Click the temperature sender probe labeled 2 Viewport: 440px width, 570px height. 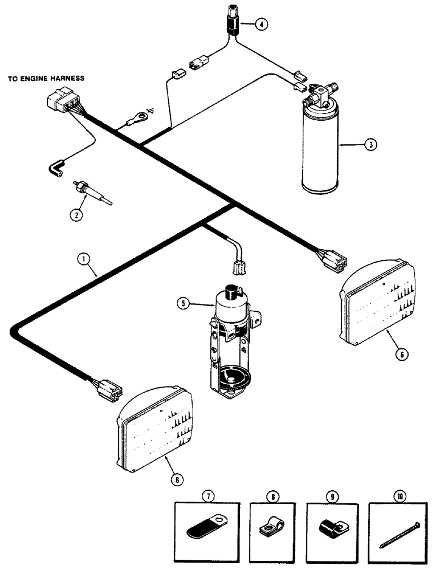tap(92, 193)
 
